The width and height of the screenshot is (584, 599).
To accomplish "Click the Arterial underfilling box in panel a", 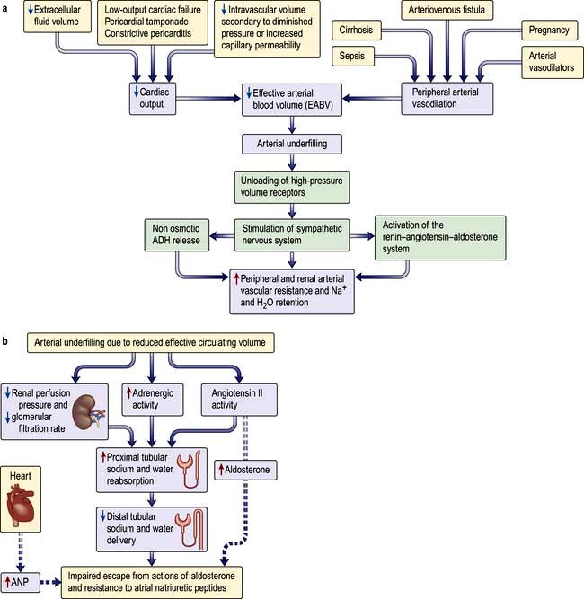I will [x=289, y=143].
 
